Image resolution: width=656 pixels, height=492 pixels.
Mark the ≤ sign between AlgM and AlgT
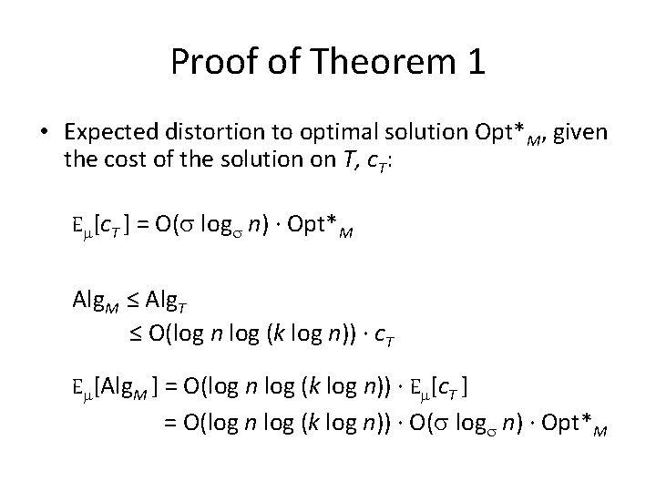137,299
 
